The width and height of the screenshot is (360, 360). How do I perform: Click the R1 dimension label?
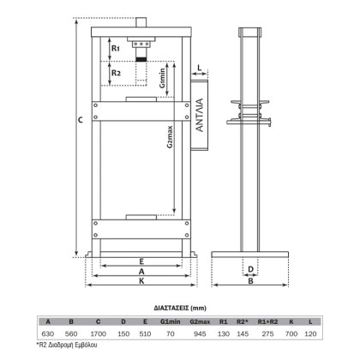coord(116,48)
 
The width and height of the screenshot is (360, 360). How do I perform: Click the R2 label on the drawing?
coord(116,73)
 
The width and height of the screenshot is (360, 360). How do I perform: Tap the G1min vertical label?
coord(162,78)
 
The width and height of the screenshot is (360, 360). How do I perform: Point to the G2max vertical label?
coord(170,137)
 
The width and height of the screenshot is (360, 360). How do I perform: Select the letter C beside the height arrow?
coord(81,120)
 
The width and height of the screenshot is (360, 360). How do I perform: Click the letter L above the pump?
coord(200,68)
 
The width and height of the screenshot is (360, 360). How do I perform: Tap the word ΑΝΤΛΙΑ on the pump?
coord(200,115)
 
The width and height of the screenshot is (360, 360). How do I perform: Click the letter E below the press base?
coord(141,261)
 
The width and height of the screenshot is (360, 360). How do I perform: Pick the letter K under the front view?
coord(141,281)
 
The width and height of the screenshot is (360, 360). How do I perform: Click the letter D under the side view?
coord(250,269)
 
